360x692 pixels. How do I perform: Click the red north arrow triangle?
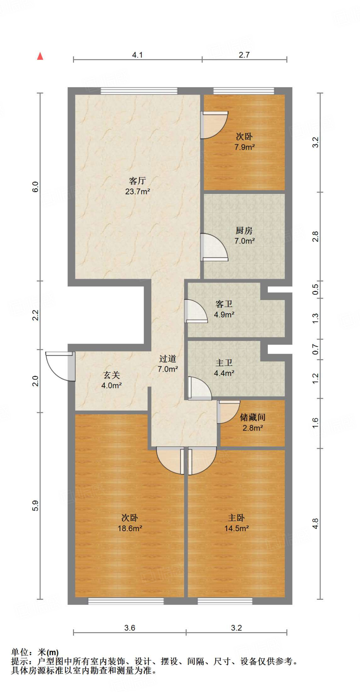(40, 56)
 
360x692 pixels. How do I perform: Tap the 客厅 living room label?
(137, 181)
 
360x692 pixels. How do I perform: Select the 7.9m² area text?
(245, 147)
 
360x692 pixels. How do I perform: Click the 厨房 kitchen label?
(244, 230)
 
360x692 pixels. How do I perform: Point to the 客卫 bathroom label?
(224, 304)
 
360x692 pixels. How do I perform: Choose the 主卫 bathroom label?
(224, 363)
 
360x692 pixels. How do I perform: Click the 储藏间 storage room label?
(253, 417)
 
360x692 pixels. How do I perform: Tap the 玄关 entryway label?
(111, 375)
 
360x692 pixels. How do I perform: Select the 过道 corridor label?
(168, 359)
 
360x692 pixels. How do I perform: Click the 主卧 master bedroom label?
(236, 518)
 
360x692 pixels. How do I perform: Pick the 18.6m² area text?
(130, 528)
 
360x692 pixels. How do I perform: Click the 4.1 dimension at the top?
(137, 55)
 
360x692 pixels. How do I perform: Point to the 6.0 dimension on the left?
(35, 187)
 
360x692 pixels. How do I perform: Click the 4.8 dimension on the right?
(315, 524)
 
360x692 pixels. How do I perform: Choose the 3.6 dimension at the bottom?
(130, 628)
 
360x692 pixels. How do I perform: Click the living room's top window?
(139, 91)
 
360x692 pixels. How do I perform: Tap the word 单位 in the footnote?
(20, 652)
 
